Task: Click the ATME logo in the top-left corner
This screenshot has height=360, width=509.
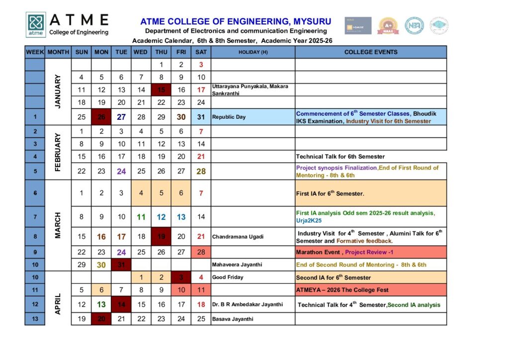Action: tap(36, 25)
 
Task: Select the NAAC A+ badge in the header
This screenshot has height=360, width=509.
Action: tap(388, 25)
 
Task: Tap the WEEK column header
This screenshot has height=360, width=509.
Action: tap(35, 52)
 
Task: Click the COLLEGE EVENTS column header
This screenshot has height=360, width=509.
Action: tap(371, 52)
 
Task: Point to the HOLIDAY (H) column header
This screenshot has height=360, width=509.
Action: tap(253, 52)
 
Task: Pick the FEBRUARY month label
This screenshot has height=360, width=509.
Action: tap(58, 152)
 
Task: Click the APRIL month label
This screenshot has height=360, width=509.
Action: tap(58, 303)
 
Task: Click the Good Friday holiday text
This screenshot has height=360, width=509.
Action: tap(228, 277)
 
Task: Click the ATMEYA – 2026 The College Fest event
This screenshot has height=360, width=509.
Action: tap(342, 290)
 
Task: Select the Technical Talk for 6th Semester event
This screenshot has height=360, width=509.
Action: tap(340, 157)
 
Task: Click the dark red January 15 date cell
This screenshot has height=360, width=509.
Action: tap(161, 90)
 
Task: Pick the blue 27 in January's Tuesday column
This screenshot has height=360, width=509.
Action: tap(121, 117)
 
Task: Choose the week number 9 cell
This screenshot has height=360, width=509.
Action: tap(35, 252)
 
